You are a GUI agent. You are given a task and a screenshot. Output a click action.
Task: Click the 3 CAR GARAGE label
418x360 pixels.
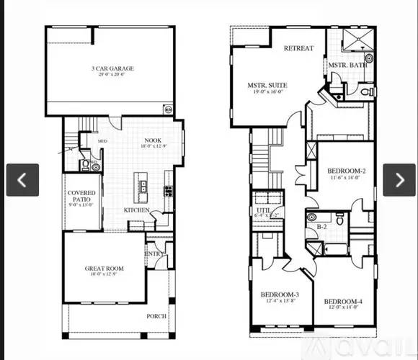[112, 68]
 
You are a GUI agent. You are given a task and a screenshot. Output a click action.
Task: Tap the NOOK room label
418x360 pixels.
[152, 140]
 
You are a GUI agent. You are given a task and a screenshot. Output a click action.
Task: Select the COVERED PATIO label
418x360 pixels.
[81, 197]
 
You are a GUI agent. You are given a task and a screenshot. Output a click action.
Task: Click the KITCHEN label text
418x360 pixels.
[136, 210]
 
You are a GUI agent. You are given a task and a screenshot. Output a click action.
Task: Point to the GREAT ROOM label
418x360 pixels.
[104, 269]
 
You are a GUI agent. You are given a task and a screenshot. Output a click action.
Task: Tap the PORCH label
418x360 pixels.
[156, 316]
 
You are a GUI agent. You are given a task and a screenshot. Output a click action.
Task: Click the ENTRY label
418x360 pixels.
[154, 253]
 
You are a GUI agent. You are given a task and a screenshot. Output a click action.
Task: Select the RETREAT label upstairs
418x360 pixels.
[298, 49]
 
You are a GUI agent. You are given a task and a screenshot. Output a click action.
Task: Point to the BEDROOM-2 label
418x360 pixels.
[346, 171]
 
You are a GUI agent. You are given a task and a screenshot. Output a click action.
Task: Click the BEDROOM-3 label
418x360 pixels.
[280, 295]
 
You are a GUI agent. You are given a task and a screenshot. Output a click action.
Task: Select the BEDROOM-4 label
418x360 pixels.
[342, 301]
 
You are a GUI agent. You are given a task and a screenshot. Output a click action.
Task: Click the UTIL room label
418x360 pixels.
[261, 210]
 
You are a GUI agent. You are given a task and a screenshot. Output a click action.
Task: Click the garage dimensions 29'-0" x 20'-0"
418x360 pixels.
[112, 74]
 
